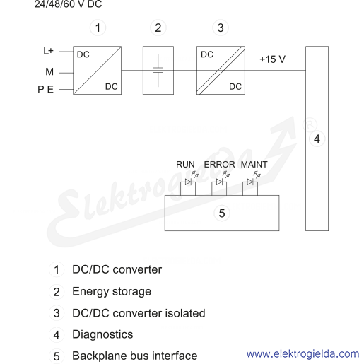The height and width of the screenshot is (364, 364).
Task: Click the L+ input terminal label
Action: point(48,51)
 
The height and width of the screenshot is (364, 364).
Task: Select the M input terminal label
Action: point(49,71)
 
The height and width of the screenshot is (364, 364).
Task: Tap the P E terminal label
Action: point(46,90)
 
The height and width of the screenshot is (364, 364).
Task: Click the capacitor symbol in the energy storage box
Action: point(158,70)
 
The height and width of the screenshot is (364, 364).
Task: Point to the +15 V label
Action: point(272,59)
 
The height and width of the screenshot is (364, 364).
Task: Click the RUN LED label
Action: point(185,165)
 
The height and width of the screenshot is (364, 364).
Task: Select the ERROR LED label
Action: point(219,165)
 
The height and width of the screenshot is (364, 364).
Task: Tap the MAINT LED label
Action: point(254,165)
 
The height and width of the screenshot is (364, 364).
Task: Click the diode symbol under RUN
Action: point(188,182)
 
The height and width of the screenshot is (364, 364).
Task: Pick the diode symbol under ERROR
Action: point(219,182)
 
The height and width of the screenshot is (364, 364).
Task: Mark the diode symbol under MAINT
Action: point(250,182)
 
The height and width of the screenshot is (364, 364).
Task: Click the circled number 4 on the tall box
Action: point(317,139)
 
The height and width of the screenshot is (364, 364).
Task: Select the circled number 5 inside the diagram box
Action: point(222,213)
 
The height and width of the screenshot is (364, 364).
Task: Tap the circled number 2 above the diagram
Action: point(158,28)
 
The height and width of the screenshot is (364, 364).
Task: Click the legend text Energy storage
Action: point(112,292)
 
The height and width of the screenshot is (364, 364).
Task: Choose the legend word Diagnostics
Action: point(102,334)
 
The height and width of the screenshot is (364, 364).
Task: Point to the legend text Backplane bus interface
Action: point(135,356)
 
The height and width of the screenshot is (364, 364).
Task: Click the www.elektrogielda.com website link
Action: point(303,354)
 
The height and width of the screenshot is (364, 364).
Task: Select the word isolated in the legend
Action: point(185,313)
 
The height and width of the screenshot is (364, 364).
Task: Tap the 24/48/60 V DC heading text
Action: point(68,4)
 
